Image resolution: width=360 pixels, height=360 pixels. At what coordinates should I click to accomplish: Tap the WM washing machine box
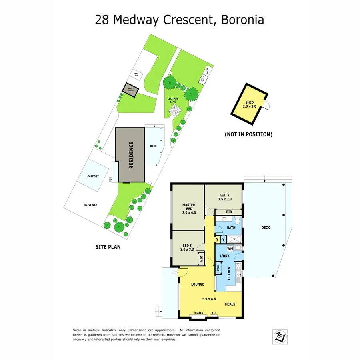230,248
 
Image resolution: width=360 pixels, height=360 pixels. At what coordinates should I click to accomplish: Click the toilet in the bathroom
237,221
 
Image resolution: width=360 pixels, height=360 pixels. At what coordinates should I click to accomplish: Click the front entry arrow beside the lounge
174,273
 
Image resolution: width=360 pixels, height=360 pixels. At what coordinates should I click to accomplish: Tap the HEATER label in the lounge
198,313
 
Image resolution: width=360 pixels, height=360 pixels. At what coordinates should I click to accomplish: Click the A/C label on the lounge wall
214,313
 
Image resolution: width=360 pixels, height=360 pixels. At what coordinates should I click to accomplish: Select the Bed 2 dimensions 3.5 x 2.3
226,198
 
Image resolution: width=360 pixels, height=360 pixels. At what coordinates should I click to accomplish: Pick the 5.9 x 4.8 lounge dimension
208,298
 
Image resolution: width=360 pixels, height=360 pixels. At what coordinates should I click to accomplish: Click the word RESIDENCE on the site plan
131,155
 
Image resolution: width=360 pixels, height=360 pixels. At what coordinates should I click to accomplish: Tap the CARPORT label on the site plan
93,176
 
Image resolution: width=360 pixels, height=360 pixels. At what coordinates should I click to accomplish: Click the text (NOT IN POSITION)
248,134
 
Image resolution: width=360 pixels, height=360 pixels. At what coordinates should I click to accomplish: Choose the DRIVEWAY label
90,205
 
